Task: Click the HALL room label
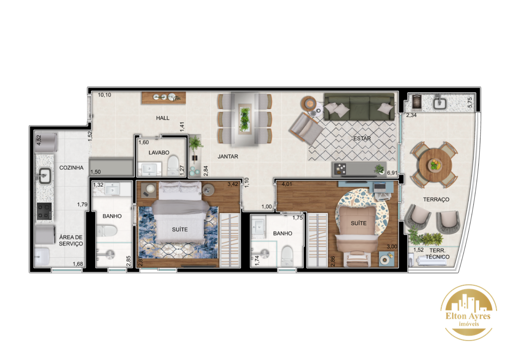point(163,118)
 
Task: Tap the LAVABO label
point(159,152)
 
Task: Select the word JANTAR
point(228,156)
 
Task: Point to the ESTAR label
point(362,138)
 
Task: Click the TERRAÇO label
point(436,199)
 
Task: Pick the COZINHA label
point(71,168)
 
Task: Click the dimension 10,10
point(105,95)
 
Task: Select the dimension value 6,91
point(392,173)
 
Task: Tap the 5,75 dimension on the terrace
point(470,103)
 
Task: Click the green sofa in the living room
point(360,107)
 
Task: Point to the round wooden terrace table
point(434,164)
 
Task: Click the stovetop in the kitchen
point(44,211)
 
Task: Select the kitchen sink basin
point(44,176)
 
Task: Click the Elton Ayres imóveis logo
point(468,313)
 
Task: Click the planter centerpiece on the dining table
point(245,120)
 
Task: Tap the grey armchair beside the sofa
point(306,128)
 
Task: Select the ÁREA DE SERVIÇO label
point(71,240)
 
